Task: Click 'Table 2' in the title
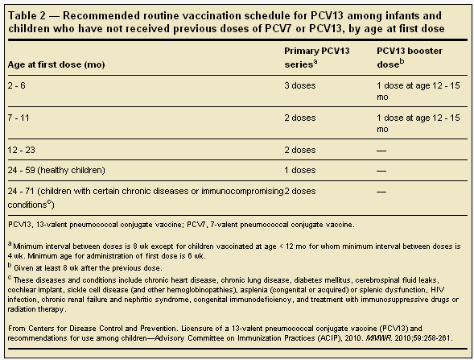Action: [x=25, y=13]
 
